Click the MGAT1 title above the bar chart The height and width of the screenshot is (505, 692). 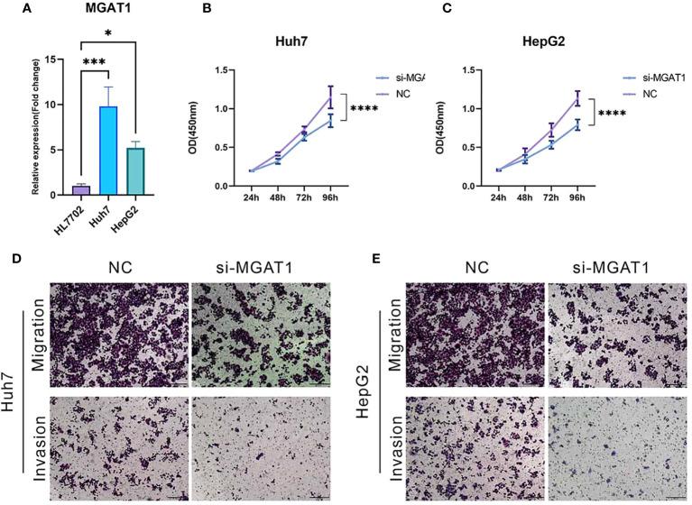pos(109,9)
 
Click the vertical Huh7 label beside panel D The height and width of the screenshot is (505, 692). pos(12,385)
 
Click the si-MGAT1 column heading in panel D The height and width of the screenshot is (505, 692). pos(258,268)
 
